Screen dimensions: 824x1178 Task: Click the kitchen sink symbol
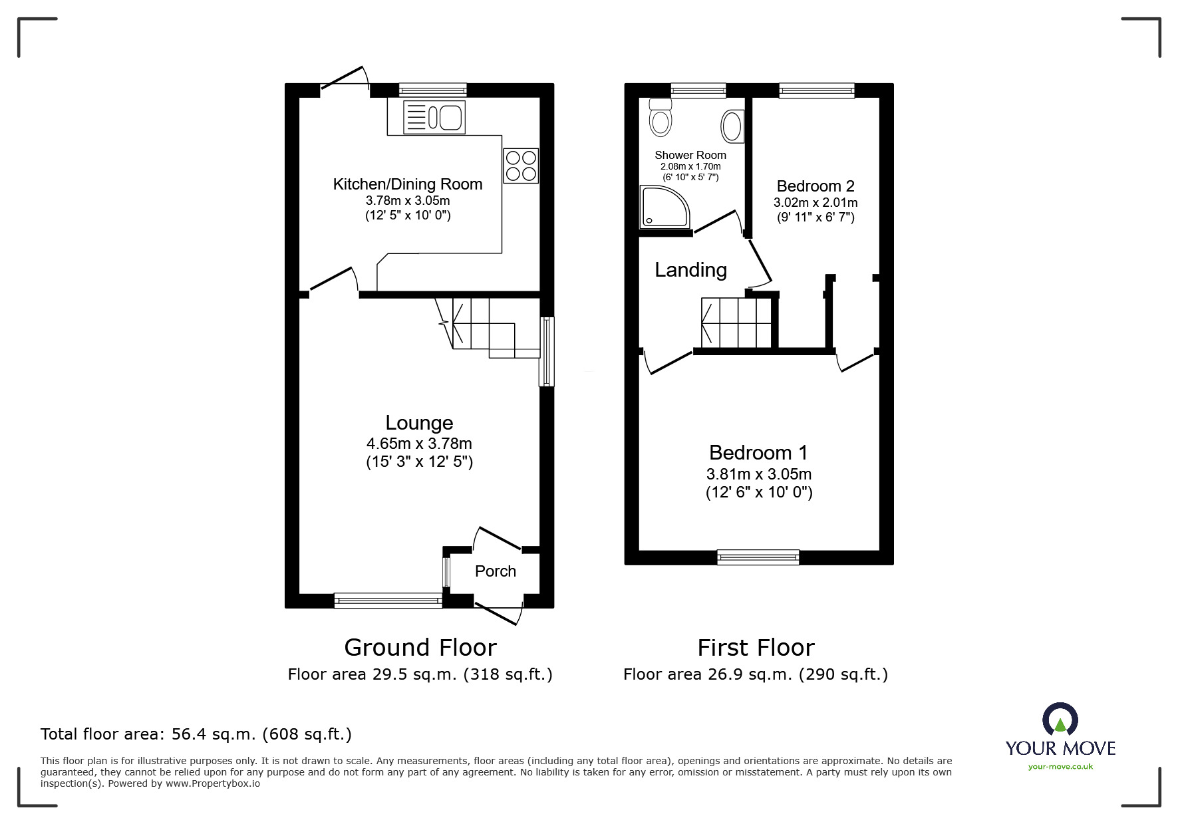point(434,118)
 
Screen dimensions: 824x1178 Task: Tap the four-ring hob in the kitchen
point(521,166)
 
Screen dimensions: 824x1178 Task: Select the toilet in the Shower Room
point(661,118)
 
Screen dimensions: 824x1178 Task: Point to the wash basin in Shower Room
point(732,126)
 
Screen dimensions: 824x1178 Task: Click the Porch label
point(496,571)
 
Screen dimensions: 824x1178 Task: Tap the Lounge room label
point(419,423)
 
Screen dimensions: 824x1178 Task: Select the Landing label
point(690,270)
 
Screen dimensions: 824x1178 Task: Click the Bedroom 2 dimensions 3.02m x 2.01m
point(815,203)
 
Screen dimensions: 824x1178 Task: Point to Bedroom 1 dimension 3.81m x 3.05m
point(759,474)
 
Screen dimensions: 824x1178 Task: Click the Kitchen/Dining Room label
point(408,184)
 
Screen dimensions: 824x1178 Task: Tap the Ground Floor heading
point(420,647)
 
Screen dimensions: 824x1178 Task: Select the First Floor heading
point(756,647)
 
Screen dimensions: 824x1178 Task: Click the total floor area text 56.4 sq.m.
point(196,734)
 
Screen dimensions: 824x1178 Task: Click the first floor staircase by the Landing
point(736,323)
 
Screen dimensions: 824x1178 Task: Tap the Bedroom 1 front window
point(758,557)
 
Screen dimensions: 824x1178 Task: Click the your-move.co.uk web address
point(1060,767)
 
